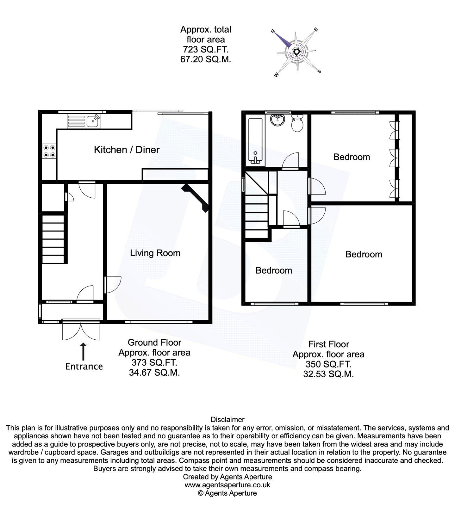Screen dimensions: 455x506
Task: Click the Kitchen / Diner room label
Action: click(x=127, y=150)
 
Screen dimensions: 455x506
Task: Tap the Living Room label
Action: click(x=155, y=253)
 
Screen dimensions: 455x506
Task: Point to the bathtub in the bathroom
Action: click(x=256, y=141)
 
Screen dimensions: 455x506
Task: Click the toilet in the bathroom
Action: click(x=297, y=123)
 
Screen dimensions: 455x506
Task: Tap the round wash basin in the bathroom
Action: click(x=277, y=120)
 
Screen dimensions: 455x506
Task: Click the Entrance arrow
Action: click(x=84, y=351)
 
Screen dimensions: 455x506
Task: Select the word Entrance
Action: click(x=84, y=366)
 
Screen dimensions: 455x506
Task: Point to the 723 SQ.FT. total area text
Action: click(x=206, y=49)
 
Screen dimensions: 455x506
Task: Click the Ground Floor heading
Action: click(x=154, y=342)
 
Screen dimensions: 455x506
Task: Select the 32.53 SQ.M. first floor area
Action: click(x=328, y=374)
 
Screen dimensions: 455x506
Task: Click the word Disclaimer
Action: click(x=227, y=420)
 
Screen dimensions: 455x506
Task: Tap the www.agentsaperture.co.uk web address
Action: click(x=227, y=485)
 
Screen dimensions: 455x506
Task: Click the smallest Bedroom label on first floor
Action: click(x=274, y=270)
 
